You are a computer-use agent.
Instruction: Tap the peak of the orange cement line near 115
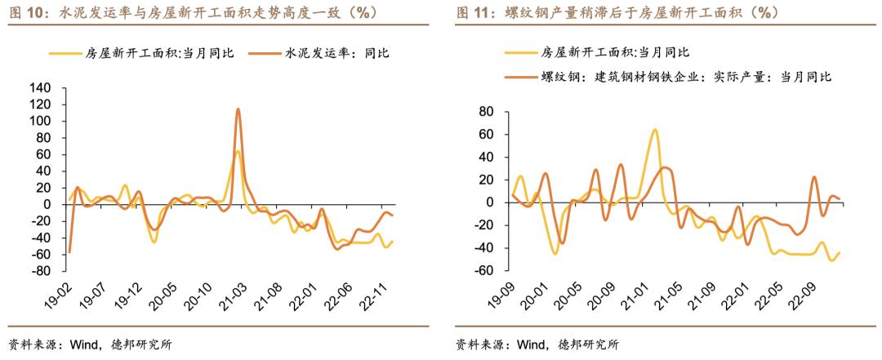pos(238,109)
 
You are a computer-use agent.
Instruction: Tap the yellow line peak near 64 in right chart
pos(654,130)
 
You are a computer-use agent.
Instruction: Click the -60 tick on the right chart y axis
pos(487,271)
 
